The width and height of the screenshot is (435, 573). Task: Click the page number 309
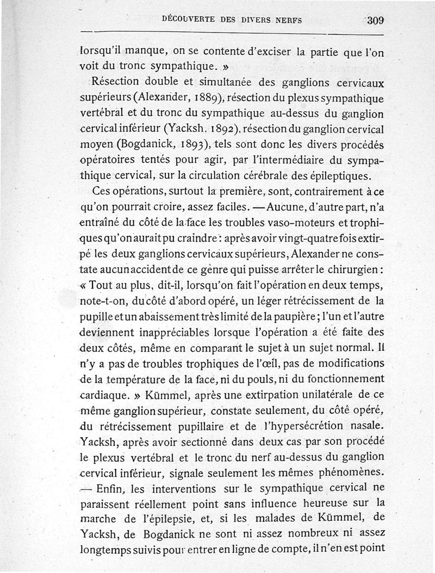coord(375,21)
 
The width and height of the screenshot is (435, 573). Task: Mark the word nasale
coord(366,425)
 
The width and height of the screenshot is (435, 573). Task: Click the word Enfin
coord(111,487)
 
